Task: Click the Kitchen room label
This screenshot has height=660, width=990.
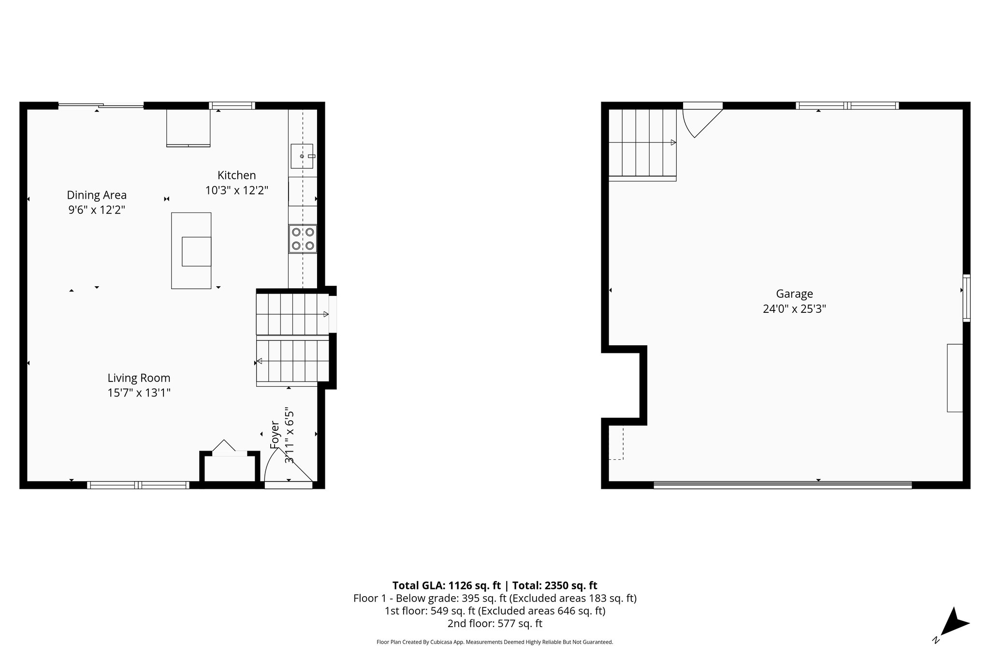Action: pos(236,175)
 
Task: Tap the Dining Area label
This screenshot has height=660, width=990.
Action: pos(97,195)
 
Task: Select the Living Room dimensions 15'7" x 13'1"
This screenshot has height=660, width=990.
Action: pos(139,393)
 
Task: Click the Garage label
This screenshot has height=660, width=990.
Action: pos(794,293)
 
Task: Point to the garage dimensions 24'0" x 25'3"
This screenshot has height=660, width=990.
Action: pos(794,308)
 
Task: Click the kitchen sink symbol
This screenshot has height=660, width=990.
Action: pos(302,156)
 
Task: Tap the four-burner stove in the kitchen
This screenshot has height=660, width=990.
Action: pos(303,239)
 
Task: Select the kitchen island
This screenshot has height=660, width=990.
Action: pos(191,250)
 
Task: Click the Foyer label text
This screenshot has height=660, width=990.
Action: pos(275,435)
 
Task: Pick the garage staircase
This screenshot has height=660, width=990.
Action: pos(641,143)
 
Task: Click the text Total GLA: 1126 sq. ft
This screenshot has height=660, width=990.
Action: pos(446,586)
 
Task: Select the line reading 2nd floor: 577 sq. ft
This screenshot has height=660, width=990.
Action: pos(495,623)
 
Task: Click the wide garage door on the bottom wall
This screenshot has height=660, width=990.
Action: pos(782,484)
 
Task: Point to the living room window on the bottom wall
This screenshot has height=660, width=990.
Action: pos(138,485)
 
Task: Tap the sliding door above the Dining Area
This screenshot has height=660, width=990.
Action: pos(101,105)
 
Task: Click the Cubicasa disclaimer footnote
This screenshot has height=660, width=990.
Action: pos(495,642)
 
